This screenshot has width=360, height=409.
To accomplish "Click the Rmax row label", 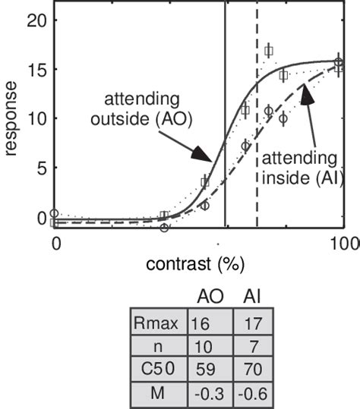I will pos(155,324).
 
